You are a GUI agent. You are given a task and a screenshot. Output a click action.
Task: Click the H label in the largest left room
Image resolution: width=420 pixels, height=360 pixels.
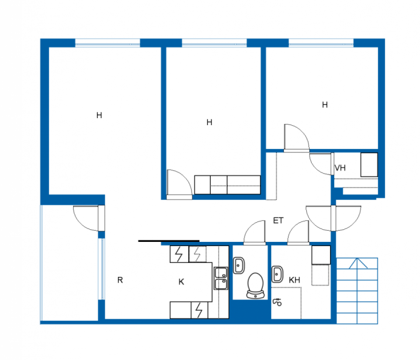click(99, 115)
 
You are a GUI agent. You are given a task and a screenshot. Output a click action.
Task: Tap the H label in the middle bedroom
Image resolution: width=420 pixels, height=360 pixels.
click(209, 122)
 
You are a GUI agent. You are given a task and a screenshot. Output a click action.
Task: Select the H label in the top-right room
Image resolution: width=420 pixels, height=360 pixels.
click(325, 105)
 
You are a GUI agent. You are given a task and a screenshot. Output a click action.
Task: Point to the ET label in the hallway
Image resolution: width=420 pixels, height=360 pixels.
click(278, 221)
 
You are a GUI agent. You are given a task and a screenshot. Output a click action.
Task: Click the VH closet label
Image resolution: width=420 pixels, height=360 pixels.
click(340, 168)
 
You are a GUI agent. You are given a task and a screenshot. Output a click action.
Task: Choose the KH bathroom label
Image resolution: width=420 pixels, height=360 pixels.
click(294, 280)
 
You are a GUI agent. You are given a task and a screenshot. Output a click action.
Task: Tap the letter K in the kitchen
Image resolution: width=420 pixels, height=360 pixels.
click(181, 282)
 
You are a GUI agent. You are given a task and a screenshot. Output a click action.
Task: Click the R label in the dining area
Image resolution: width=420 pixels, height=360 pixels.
click(120, 280)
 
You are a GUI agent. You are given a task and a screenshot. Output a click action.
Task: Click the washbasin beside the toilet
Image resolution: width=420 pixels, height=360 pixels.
click(239, 265)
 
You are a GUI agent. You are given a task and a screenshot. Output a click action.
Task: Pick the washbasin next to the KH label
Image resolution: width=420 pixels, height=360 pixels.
click(277, 274)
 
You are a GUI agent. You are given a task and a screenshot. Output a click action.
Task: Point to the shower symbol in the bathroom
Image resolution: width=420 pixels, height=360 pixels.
click(277, 301)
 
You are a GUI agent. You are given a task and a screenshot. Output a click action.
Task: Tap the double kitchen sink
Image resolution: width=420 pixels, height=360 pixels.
click(221, 278)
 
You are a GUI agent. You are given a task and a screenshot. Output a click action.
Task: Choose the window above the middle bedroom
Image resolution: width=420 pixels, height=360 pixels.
click(214, 44)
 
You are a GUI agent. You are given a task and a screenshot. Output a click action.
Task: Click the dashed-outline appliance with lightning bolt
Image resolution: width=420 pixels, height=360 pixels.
click(197, 254)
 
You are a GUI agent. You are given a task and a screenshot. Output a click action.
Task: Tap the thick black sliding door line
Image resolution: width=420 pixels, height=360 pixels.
click(169, 241)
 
